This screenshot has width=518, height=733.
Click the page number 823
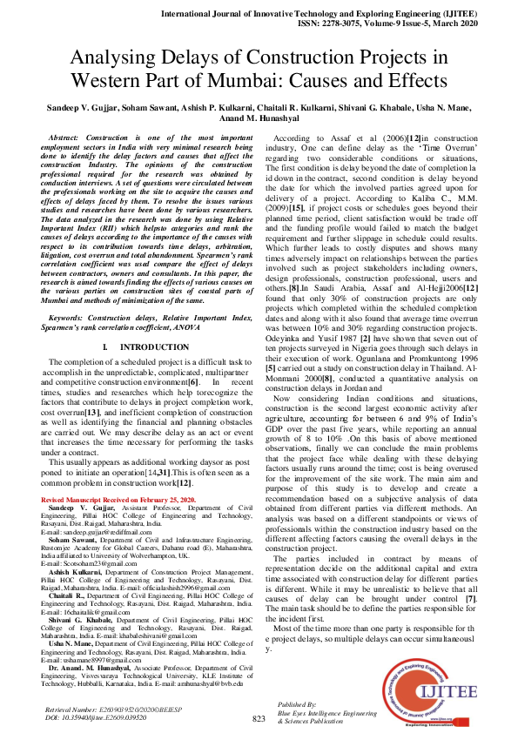pos(259,718)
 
